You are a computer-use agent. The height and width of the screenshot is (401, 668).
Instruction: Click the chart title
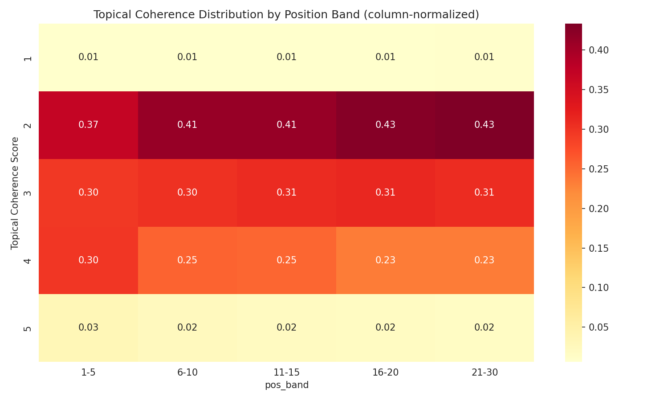click(x=286, y=15)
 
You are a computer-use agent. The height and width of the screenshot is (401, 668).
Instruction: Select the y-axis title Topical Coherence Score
click(x=15, y=193)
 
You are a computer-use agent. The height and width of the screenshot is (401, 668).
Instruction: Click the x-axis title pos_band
click(x=286, y=385)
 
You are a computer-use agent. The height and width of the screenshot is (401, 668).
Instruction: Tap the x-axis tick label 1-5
click(x=88, y=372)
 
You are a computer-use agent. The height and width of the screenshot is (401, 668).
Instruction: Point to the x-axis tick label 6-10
click(x=187, y=372)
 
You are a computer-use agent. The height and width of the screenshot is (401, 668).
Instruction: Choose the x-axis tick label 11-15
click(x=286, y=372)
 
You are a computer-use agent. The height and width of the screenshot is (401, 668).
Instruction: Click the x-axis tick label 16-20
click(x=385, y=372)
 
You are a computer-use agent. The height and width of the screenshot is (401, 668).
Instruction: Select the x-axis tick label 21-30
click(x=485, y=372)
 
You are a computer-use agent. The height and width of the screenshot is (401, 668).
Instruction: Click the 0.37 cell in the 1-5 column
click(x=88, y=125)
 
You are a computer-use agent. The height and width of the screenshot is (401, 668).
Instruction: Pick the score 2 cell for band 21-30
click(x=485, y=125)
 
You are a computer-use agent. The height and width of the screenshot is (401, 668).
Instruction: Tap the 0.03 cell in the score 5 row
click(x=88, y=328)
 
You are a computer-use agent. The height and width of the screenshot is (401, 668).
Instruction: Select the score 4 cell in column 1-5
click(x=88, y=260)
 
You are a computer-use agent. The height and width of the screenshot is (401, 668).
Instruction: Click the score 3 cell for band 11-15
click(x=286, y=193)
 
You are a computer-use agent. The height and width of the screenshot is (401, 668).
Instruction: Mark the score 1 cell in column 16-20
click(x=385, y=57)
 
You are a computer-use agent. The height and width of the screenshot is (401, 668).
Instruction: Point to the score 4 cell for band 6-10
click(x=187, y=260)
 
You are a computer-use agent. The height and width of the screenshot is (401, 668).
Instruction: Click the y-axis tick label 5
click(x=28, y=328)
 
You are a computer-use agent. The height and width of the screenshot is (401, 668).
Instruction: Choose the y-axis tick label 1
click(x=28, y=58)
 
